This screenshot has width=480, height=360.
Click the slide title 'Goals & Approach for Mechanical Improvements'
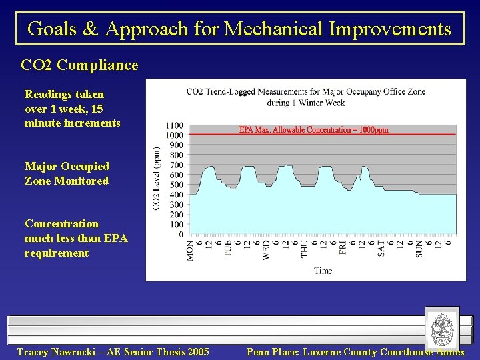[239, 29]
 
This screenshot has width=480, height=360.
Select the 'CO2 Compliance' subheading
[80, 65]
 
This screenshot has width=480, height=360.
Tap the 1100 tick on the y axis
[175, 125]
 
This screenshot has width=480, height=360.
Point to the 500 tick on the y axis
[177, 185]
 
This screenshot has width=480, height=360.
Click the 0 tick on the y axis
[181, 235]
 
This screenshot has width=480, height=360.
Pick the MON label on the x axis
[191, 250]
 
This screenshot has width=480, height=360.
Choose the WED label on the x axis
[267, 250]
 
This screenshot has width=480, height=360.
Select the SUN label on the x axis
[419, 249]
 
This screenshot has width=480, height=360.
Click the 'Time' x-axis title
[323, 271]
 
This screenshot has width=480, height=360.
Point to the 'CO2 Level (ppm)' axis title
[157, 179]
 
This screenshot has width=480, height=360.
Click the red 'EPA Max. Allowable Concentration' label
[313, 130]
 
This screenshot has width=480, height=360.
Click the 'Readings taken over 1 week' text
[72, 109]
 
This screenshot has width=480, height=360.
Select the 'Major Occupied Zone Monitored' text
[67, 173]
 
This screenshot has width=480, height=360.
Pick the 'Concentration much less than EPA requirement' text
[75, 238]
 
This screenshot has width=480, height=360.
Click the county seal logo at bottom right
[441, 329]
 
